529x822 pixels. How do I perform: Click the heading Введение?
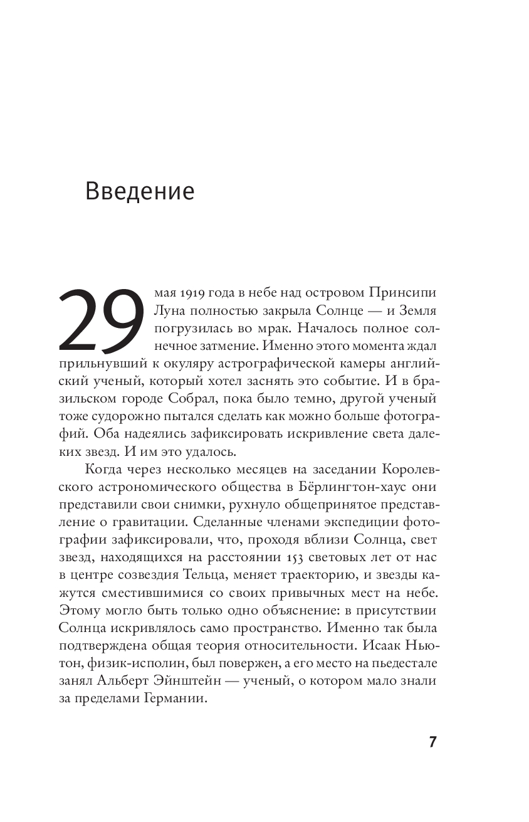(x=140, y=191)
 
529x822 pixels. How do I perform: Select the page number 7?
(x=432, y=742)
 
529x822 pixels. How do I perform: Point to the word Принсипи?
(x=407, y=293)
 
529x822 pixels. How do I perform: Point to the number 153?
(x=295, y=557)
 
